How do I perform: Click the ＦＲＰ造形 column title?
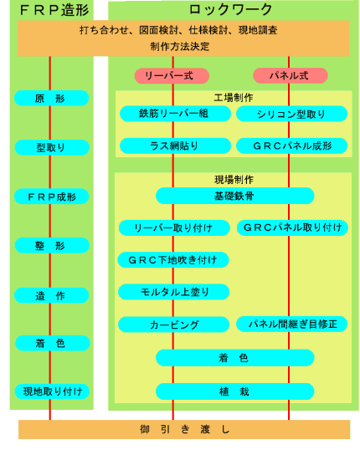pos(54,10)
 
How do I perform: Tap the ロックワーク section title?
pos(230,9)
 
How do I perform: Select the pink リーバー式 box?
pos(172,76)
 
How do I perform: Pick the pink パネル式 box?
pos(291,76)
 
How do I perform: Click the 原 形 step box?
pos(51,98)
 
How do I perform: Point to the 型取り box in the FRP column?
pos(52,147)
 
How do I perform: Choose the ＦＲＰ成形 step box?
pos(51,197)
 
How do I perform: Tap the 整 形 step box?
pos(52,245)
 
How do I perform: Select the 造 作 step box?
pos(51,295)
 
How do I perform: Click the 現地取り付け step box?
pos(52,391)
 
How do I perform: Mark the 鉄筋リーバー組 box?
pos(175,114)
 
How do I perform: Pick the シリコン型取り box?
pos(291,114)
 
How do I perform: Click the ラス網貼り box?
pos(175,146)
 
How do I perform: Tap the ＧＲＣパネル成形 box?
pos(291,146)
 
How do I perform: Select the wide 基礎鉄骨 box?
pos(235,196)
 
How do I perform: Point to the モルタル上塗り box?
pos(173,292)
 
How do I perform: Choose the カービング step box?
pos(173,325)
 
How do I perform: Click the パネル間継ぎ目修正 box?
pos(291,324)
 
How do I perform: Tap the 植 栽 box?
pos(235,391)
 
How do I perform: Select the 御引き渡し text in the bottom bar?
pos(184,429)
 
